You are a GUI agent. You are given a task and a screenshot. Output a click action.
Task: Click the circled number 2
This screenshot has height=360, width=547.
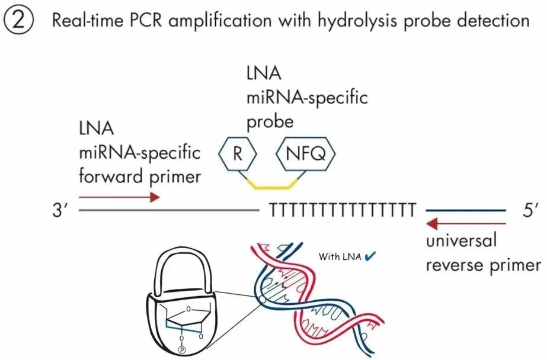[x=19, y=20]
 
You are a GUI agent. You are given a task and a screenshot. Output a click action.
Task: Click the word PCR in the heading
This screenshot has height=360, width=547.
[x=146, y=21]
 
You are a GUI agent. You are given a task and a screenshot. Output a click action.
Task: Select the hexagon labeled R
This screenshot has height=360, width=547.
[x=238, y=154]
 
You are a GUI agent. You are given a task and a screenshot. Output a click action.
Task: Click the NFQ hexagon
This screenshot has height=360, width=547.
[x=306, y=154]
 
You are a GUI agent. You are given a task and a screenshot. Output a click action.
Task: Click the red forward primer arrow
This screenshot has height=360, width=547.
[x=119, y=197]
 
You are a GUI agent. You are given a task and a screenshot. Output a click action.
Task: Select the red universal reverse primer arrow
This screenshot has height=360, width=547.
[x=466, y=223]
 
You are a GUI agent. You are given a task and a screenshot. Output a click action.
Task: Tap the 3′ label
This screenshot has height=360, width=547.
[x=60, y=211]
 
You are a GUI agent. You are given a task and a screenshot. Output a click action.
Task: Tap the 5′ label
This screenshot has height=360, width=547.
[x=530, y=211]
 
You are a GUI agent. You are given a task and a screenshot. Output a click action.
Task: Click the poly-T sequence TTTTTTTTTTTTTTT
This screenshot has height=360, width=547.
[x=343, y=211]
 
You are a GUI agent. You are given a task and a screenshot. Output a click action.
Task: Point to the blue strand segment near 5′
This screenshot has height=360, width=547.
[x=466, y=211]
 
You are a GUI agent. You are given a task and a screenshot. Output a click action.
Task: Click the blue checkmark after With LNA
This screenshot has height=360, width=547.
[x=370, y=257]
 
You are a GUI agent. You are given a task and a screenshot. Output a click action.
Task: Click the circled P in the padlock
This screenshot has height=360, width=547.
[x=181, y=350]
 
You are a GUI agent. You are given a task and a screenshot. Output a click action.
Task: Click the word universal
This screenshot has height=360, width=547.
[x=461, y=240]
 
